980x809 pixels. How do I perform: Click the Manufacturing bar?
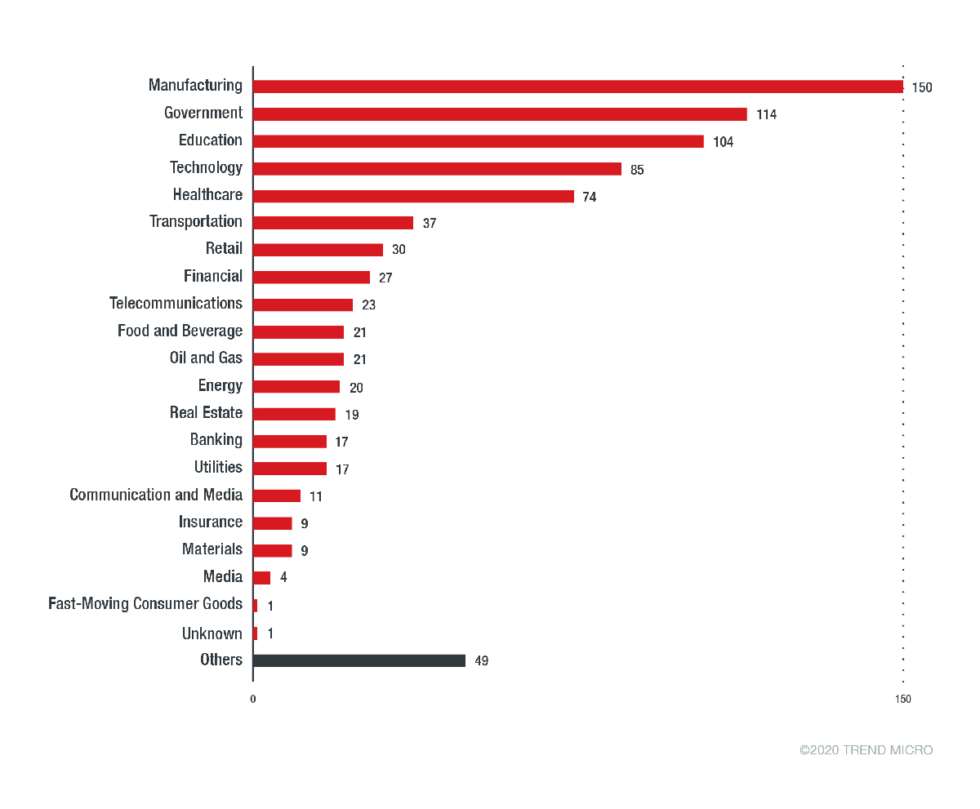click(577, 87)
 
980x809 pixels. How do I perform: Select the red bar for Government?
click(500, 114)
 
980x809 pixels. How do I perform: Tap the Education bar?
click(478, 141)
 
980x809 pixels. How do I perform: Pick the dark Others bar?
click(359, 660)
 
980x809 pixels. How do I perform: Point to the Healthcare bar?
click(413, 196)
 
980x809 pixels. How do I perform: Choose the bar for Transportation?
click(333, 223)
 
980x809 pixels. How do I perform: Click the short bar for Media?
click(261, 578)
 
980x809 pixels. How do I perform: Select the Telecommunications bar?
click(303, 304)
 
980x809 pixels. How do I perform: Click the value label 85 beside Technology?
click(637, 170)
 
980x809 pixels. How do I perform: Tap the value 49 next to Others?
click(481, 660)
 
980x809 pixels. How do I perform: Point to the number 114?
click(766, 114)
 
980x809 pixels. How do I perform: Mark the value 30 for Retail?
click(399, 250)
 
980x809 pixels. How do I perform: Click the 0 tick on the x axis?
click(252, 699)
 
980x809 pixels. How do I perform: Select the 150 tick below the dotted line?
click(902, 699)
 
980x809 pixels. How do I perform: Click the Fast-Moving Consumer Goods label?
click(145, 604)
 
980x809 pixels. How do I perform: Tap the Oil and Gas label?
click(206, 358)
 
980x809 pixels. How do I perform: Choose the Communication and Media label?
click(156, 495)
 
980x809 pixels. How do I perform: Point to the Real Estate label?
click(206, 412)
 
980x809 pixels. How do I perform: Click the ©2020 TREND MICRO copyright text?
click(866, 750)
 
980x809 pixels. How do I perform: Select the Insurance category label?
click(211, 522)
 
